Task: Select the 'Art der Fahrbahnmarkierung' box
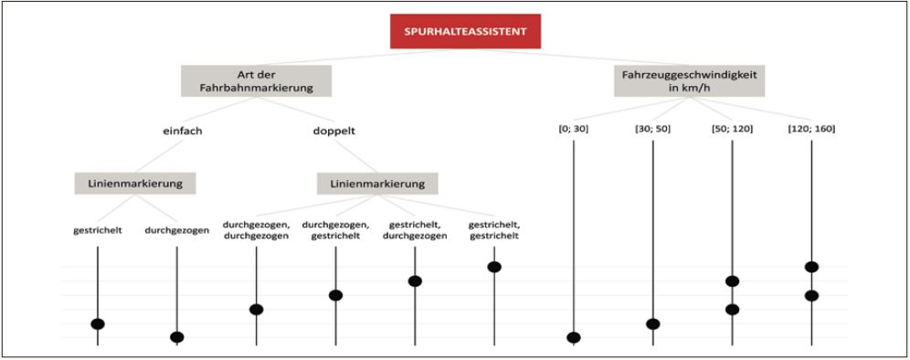(x=256, y=80)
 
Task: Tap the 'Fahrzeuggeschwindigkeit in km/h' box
(x=690, y=80)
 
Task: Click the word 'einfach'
(x=182, y=131)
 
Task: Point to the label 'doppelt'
(x=333, y=131)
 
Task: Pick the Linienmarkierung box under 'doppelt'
(x=377, y=184)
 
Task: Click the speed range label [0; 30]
(x=574, y=129)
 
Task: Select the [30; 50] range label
(x=652, y=129)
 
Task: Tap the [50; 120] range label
(x=732, y=129)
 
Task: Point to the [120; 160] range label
(x=811, y=129)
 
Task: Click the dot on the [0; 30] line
(x=574, y=338)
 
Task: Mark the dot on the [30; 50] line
(x=652, y=324)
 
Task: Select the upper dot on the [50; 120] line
(x=732, y=281)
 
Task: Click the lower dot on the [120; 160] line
(x=811, y=296)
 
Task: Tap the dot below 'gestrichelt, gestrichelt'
(x=494, y=267)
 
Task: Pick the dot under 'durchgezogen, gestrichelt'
(x=335, y=295)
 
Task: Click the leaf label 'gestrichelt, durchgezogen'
(x=415, y=229)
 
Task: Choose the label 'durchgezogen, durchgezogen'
(x=256, y=229)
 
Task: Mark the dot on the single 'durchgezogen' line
(x=177, y=337)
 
